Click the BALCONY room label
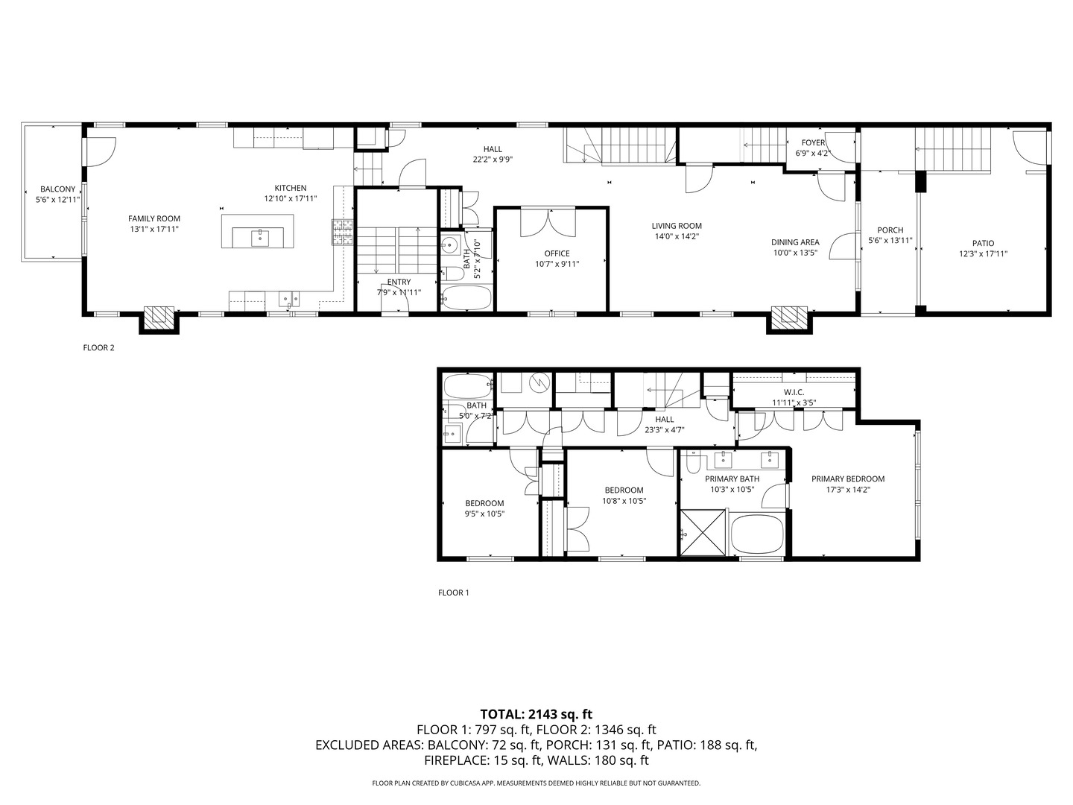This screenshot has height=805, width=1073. (x=57, y=189)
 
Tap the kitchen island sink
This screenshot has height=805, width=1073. (x=260, y=238)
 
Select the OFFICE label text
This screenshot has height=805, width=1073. (x=557, y=253)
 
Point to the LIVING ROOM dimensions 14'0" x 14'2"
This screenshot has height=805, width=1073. (x=677, y=236)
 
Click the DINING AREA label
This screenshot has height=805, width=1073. (x=795, y=242)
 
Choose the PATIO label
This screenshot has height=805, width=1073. (x=983, y=243)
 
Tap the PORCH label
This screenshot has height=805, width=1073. (x=890, y=230)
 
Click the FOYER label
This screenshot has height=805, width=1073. (x=813, y=142)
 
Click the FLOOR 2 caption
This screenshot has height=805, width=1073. (x=98, y=347)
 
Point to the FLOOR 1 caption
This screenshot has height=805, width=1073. (x=453, y=593)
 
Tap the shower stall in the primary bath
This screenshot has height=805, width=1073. (x=703, y=532)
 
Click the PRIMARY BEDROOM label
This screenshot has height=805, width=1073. (x=848, y=479)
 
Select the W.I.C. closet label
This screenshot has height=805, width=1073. (x=794, y=392)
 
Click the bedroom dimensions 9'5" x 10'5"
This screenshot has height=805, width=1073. (x=484, y=514)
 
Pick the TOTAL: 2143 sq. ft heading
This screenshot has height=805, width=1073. (x=536, y=714)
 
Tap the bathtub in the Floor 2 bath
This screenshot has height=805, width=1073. (x=466, y=297)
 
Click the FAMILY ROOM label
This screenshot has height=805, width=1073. (x=154, y=218)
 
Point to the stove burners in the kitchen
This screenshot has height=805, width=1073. (x=343, y=232)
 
